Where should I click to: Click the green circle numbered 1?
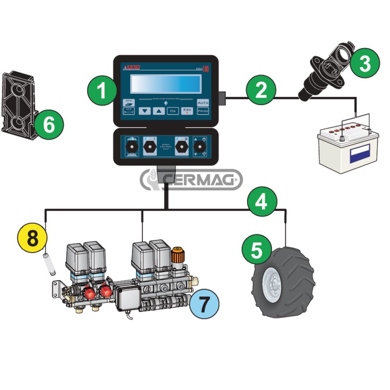pos(101,91)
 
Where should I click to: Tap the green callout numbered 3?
pos(364,64)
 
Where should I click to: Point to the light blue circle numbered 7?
pos(204,304)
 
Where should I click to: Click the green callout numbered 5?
pos(256,250)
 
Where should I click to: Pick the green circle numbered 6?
pos(48,125)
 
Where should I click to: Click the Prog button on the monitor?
pos(203,111)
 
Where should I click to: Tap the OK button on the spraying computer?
pos(173,111)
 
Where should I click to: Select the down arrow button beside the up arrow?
pos(145,111)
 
